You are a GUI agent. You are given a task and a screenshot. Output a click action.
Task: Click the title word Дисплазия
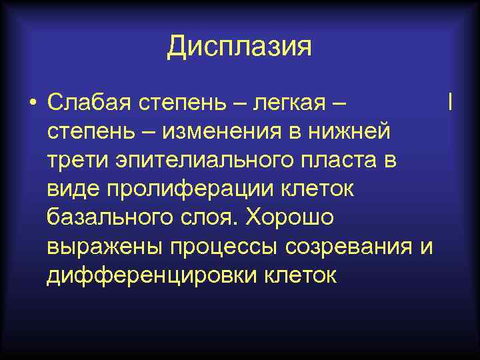(x=239, y=47)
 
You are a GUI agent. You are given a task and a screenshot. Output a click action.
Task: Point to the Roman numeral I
(x=451, y=103)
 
